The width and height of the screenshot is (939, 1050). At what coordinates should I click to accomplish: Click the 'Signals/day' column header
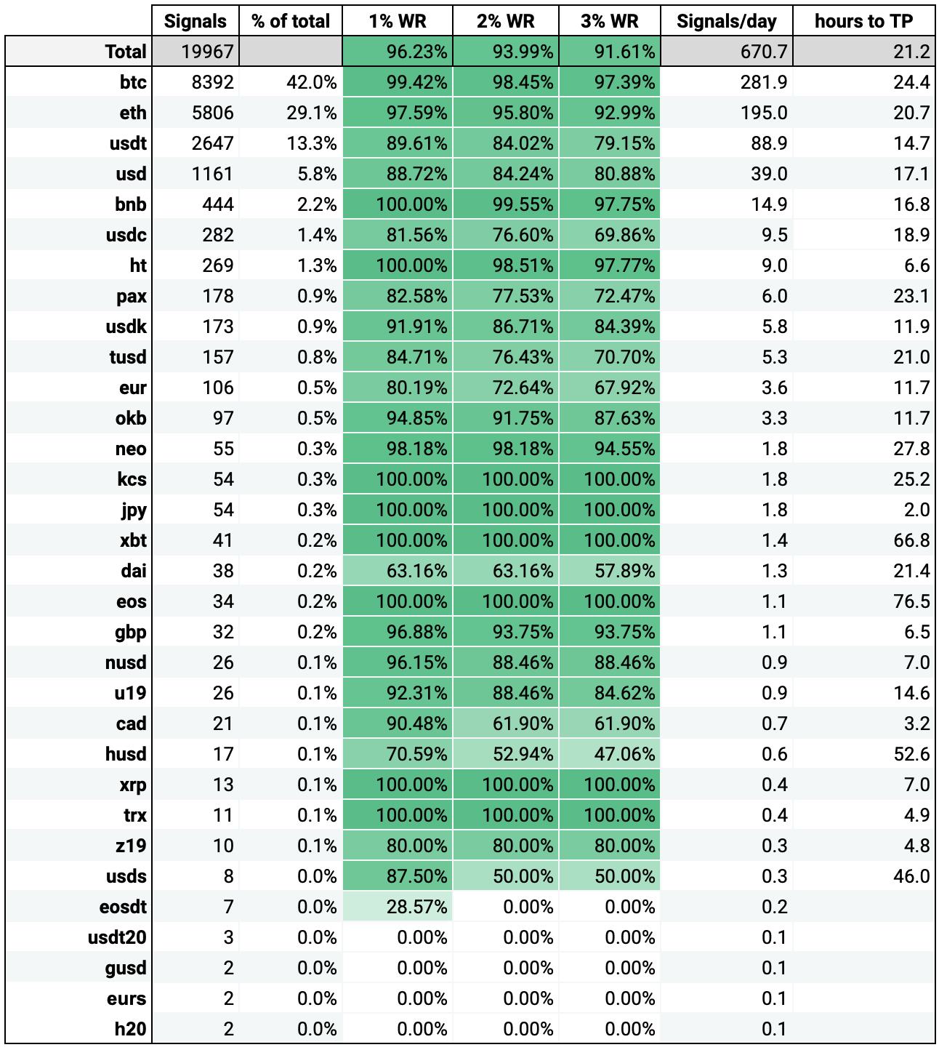(726, 21)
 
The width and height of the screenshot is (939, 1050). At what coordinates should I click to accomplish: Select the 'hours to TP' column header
(863, 21)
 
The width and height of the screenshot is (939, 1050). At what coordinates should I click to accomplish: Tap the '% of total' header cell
(291, 21)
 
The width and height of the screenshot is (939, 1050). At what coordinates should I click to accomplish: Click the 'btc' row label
(133, 82)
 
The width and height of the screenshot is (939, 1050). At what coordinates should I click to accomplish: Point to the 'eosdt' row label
(123, 907)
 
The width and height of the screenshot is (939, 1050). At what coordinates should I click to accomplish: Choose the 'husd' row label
(126, 754)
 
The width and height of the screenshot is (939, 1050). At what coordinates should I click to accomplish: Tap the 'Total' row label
(126, 52)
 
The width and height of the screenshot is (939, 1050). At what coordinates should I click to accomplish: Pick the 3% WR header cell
(610, 21)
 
